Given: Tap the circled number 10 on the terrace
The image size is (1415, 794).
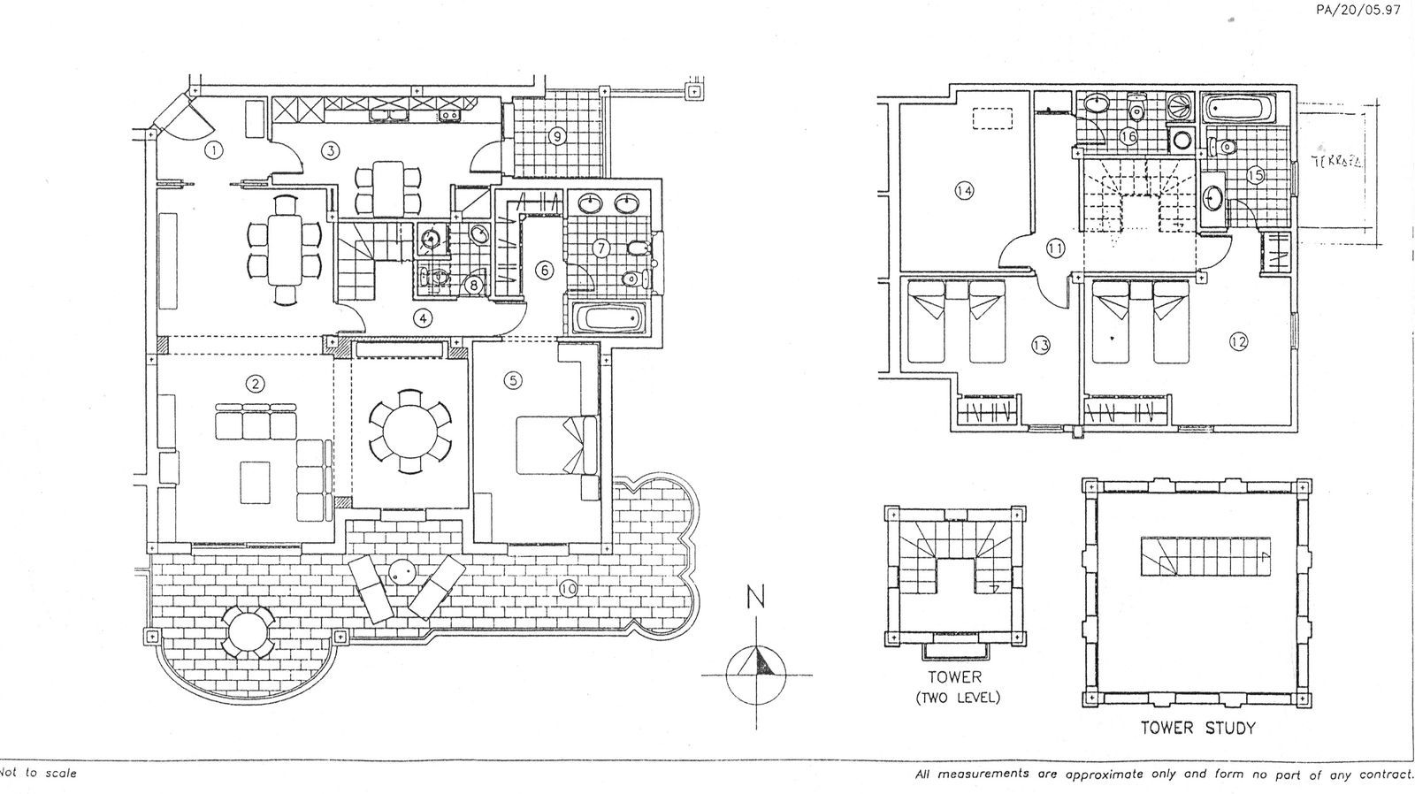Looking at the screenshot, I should (568, 588).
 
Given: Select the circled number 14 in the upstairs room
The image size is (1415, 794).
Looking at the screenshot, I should (965, 190).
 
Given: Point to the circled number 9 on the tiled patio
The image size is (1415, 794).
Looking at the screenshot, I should (556, 136).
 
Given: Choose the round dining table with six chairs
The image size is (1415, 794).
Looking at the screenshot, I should (409, 425).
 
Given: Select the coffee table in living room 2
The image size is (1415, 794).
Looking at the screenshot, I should (256, 482).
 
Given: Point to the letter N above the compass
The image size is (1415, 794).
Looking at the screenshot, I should (756, 599).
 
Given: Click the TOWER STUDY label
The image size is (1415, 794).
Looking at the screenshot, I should (1197, 729).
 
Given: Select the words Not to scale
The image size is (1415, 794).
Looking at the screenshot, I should (41, 774).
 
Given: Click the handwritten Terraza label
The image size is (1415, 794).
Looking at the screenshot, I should (1336, 162).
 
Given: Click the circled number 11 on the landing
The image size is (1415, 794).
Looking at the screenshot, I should (1054, 248).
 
